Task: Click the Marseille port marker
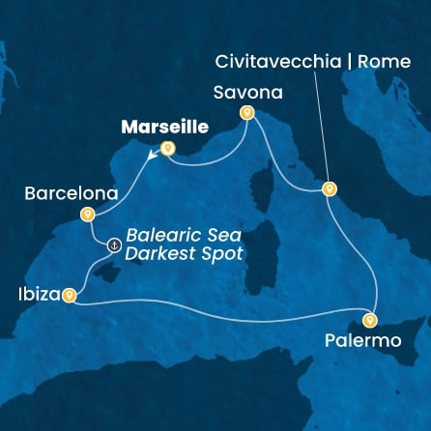click(167, 149)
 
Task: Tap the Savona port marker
click(246, 113)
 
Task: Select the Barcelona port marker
click(87, 215)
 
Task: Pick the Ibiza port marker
click(69, 297)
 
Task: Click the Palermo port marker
click(370, 320)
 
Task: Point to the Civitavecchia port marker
click(329, 189)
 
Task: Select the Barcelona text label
click(63, 193)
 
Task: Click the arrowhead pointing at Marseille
click(152, 153)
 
